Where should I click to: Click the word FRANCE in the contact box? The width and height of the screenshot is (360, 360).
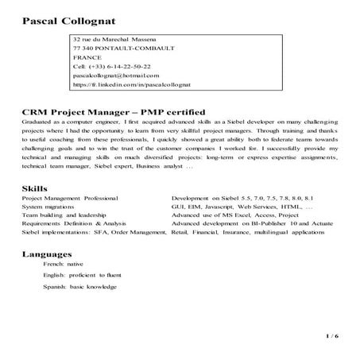[87, 58]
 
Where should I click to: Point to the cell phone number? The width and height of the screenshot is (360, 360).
[110, 68]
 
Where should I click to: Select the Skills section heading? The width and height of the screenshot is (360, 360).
[36, 188]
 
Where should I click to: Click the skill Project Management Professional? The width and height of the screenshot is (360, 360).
[69, 197]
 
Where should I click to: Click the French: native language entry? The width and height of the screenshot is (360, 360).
[64, 263]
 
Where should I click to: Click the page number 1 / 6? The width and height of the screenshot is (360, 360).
[331, 337]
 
